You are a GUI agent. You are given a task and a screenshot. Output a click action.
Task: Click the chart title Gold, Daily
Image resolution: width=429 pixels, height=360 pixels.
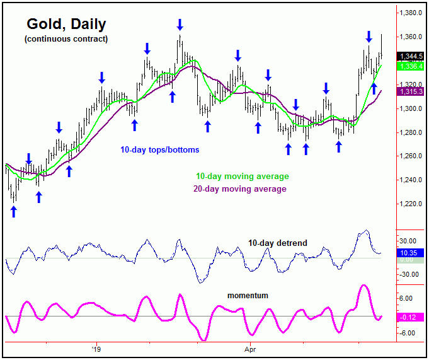pos(66,25)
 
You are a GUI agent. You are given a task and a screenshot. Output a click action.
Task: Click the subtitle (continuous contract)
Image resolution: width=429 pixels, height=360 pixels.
pos(66,39)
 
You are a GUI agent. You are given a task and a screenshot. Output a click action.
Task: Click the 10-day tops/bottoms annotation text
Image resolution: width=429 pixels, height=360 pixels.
pos(160,150)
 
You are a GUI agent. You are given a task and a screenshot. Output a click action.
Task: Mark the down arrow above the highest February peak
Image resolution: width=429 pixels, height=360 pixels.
pos(180,24)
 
